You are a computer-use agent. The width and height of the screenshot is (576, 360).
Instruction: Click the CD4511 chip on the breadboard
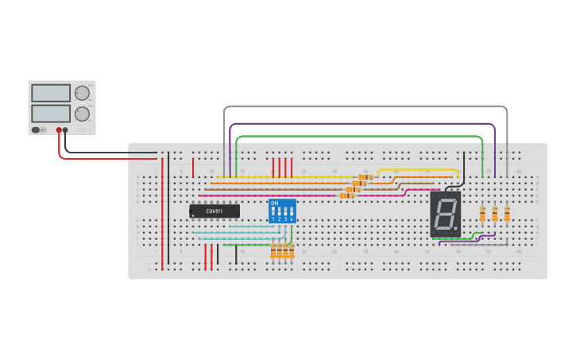(215, 211)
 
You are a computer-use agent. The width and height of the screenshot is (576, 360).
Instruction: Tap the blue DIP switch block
(282, 211)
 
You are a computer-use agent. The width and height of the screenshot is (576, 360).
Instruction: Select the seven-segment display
(445, 214)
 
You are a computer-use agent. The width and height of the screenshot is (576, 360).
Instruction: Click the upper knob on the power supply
(82, 93)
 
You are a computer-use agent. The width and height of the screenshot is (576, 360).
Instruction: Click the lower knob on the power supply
(82, 114)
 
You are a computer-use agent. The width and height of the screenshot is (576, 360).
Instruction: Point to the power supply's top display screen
(51, 93)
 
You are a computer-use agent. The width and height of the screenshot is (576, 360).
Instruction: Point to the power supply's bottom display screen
(51, 114)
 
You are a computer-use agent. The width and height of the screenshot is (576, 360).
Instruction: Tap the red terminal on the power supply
(59, 130)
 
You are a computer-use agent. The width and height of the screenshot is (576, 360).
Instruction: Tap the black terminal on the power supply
(65, 130)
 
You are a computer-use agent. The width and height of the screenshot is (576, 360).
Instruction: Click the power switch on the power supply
(37, 130)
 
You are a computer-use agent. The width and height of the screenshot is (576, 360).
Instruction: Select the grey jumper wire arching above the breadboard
(365, 106)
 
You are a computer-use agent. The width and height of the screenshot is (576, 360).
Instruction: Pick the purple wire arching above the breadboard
(365, 123)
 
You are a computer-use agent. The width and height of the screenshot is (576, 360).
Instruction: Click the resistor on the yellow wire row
(365, 177)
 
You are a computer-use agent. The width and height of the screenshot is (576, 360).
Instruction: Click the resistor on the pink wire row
(346, 195)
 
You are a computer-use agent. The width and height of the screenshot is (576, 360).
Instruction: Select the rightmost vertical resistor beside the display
(507, 215)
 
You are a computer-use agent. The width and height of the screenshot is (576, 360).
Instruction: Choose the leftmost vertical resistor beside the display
(482, 215)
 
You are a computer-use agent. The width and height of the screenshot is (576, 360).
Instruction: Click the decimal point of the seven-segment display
(456, 230)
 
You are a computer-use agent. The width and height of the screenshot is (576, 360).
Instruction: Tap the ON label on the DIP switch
(275, 203)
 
